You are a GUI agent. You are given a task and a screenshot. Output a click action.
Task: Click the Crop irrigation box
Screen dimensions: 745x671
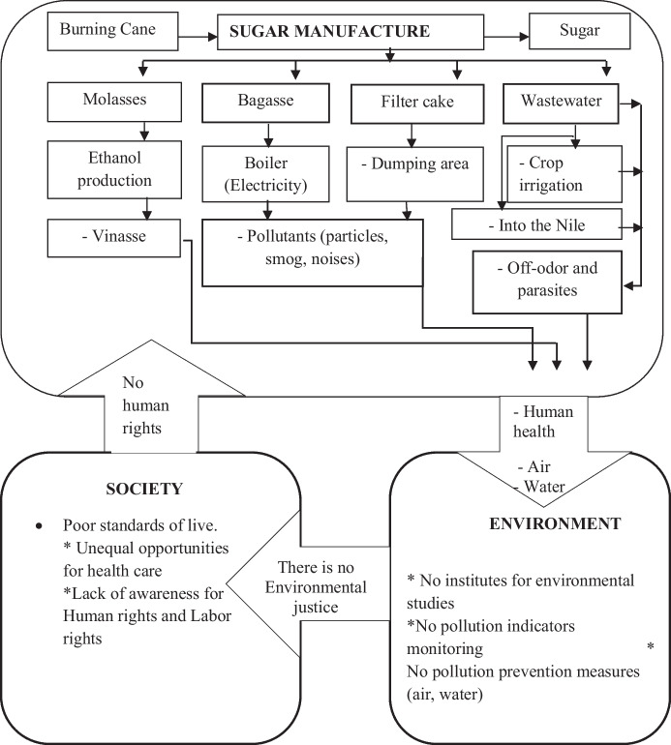(x=559, y=171)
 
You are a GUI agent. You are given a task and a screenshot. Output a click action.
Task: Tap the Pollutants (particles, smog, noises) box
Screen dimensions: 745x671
(x=312, y=252)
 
